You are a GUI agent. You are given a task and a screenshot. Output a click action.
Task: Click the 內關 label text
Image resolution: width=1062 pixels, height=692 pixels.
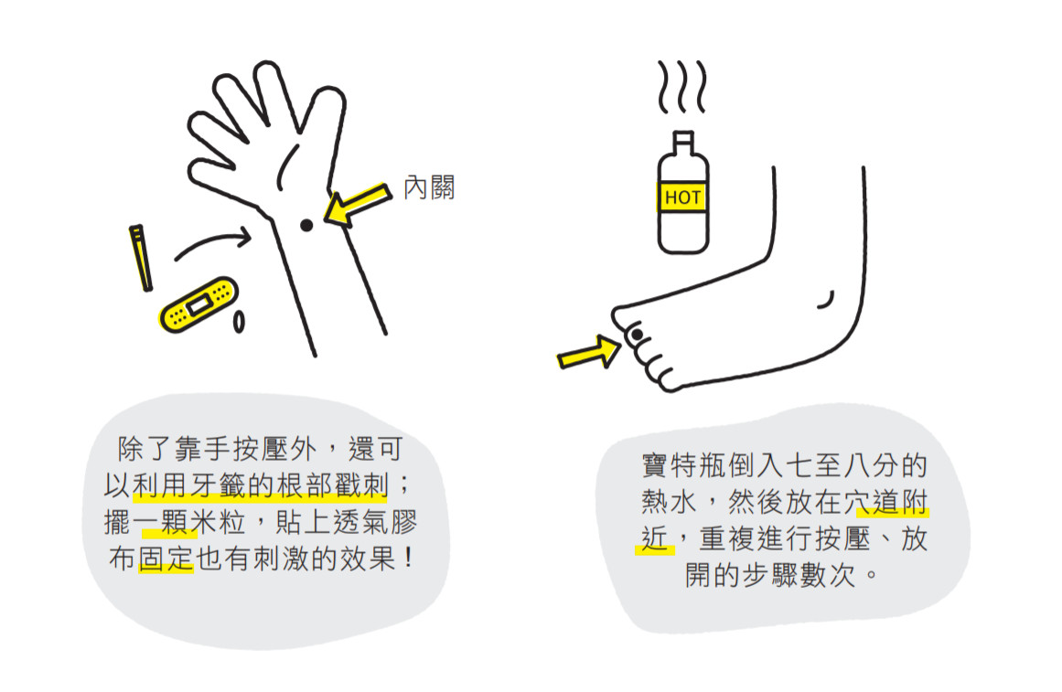tap(429, 188)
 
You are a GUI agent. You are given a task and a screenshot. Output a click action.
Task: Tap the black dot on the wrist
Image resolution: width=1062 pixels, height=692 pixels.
tap(307, 225)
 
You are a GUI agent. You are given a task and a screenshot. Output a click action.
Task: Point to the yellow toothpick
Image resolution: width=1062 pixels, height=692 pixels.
tap(142, 258)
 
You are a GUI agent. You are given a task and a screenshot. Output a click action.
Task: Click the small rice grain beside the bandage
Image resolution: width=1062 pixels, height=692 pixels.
tap(240, 322)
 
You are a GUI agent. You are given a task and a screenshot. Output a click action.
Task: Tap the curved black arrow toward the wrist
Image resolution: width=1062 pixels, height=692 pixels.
tap(211, 242)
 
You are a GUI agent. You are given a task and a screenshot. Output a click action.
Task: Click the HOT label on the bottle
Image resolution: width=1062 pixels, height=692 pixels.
tap(682, 197)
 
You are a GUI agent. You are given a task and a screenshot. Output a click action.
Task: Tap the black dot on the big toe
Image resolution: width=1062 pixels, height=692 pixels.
tap(635, 335)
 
